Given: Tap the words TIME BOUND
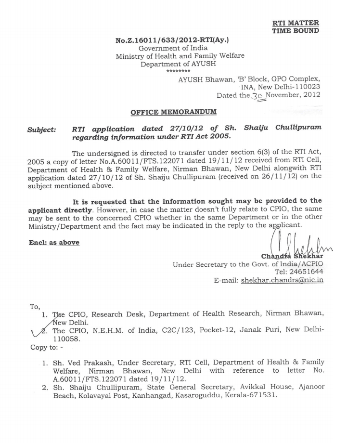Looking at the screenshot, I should click(x=295, y=31).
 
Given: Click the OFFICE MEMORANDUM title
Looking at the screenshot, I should click(x=173, y=112).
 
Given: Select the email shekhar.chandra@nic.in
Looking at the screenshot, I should click(x=282, y=280).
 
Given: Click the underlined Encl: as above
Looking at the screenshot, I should click(x=54, y=243).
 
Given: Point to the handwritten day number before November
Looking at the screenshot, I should click(x=257, y=96).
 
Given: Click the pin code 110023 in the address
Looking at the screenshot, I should click(x=305, y=87).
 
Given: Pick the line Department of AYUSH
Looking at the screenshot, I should click(x=178, y=64).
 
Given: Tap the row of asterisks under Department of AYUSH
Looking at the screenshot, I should click(x=178, y=71).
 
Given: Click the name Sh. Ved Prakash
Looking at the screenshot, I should click(x=80, y=362).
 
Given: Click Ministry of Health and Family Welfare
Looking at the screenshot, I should click(x=180, y=56).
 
